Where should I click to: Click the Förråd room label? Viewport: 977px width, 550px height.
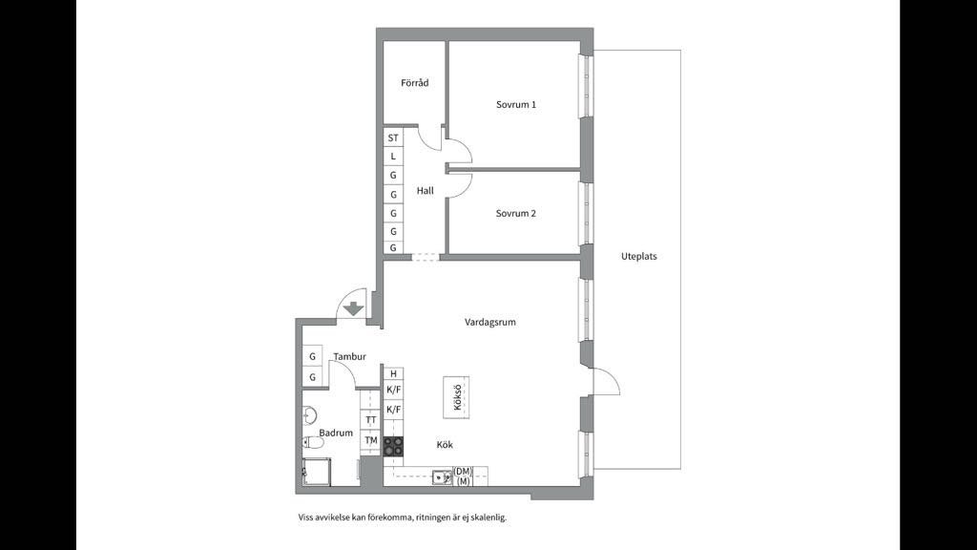coord(414,82)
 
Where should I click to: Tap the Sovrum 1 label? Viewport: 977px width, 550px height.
coord(516,105)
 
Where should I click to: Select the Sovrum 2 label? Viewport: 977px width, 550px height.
coord(516,213)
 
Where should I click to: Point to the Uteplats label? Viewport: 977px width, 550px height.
coord(638,256)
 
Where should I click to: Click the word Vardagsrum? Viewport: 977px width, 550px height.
coord(490,323)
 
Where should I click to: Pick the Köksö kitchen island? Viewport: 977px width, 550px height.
coord(456,397)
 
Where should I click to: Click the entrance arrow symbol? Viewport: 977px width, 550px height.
coord(353,308)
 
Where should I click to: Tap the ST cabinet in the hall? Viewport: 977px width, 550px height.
coord(393,137)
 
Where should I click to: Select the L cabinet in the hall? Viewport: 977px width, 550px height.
coord(393,157)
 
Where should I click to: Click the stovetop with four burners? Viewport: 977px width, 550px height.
coord(393,447)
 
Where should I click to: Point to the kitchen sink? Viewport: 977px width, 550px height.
coord(443,477)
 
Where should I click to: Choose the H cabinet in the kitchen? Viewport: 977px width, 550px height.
coord(393,373)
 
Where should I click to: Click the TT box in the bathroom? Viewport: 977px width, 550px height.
coord(371,420)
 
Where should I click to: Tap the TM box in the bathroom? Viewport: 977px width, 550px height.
coord(371,440)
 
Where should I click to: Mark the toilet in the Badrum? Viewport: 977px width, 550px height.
coord(313,443)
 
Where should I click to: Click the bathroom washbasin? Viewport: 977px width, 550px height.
coord(310,415)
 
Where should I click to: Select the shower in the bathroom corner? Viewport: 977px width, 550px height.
coord(317,472)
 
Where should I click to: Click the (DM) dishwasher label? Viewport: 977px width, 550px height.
coord(463,472)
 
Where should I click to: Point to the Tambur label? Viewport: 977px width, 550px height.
coord(349,357)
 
